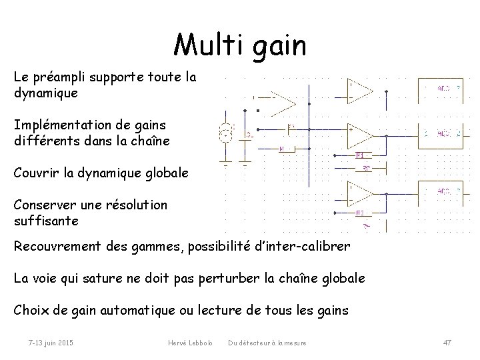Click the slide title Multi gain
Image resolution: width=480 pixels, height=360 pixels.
pos(239,46)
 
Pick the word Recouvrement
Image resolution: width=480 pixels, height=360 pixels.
pos(59,246)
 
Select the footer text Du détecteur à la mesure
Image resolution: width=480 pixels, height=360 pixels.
pos(267,343)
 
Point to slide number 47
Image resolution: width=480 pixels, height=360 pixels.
pos(447,343)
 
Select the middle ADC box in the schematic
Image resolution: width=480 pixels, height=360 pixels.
pos(443,135)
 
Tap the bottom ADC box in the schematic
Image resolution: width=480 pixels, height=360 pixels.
pos(443,193)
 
